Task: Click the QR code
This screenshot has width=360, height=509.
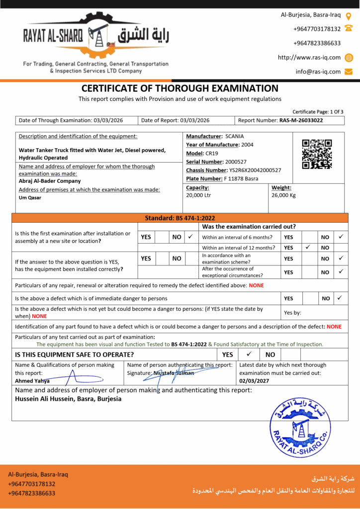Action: [317, 154]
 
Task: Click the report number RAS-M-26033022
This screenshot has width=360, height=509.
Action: [301, 120]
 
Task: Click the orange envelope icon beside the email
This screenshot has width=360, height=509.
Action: [349, 72]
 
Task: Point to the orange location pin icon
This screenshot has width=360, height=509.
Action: [349, 15]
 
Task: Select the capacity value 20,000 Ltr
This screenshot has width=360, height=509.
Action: [198, 195]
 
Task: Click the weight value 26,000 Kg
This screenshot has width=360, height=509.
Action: [283, 195]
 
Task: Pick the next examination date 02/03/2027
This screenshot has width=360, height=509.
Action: [255, 381]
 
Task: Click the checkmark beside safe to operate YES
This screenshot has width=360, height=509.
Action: [249, 354]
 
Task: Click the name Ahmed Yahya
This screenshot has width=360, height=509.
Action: [32, 381]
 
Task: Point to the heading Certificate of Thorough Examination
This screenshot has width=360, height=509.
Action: [180, 88]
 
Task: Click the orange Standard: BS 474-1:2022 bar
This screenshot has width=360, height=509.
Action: [180, 218]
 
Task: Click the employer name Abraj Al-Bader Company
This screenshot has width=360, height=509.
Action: [50, 181]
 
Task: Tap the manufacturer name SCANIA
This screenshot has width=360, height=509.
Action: [235, 136]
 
